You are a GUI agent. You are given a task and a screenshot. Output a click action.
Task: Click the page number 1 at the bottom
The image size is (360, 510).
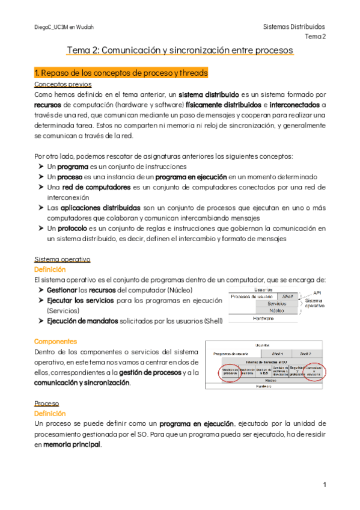324,484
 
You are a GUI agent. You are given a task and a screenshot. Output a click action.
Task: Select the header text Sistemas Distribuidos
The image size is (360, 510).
294,27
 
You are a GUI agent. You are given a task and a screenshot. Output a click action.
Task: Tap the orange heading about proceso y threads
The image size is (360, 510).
121,73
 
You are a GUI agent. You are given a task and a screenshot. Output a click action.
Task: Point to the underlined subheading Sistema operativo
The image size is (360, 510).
63,259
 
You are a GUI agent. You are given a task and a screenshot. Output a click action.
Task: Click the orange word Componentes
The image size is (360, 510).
56,341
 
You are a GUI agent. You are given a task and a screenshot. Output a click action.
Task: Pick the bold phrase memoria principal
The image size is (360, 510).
72,445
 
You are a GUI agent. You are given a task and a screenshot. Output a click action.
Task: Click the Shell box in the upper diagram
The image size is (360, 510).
287,296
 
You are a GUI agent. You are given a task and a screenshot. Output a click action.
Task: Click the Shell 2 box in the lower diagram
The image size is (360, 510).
305,354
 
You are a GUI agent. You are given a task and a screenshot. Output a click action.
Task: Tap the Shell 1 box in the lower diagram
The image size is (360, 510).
278,354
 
